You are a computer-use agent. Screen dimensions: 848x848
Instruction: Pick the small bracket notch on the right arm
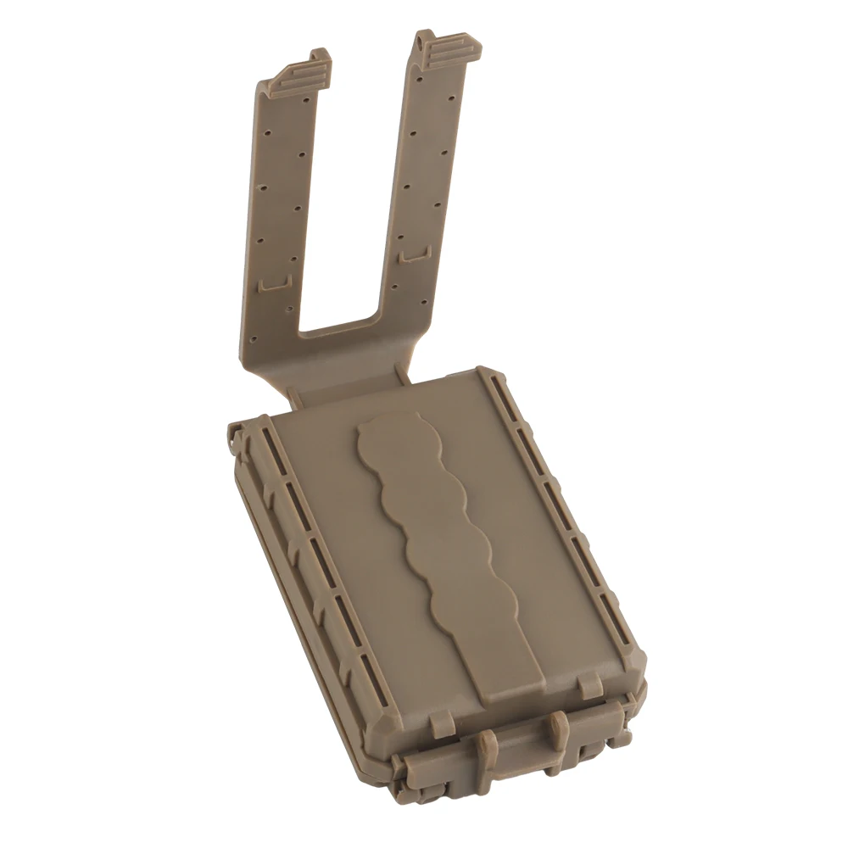click(414, 254)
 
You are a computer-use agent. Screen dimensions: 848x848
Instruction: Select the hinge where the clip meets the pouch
click(348, 386)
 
